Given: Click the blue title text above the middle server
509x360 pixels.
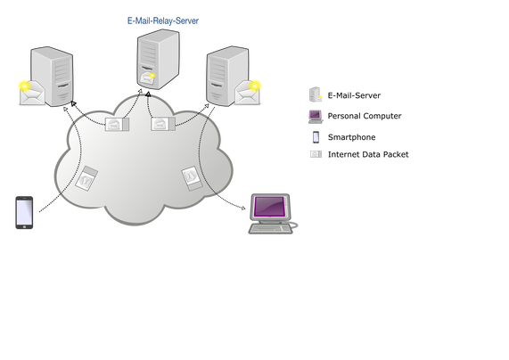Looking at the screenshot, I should coord(163,20).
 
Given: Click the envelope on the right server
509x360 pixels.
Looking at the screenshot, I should coord(248,93).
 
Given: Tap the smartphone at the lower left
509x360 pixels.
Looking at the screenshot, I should coord(24,213).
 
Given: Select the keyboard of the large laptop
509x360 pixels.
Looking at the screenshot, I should coord(270,229).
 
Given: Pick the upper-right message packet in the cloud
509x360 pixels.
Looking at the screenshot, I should coord(162,124).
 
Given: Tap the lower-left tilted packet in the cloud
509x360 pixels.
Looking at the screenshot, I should coord(86,178).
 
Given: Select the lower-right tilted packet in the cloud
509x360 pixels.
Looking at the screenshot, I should coord(192,176).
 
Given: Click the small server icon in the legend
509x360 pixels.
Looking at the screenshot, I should coord(315,94).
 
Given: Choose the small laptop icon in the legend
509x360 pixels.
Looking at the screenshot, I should coord(316,117).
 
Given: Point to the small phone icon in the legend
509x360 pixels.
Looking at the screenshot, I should coord(316,137).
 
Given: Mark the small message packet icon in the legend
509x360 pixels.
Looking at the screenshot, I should coord(316,154).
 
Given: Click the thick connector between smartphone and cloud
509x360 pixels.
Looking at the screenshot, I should coord(48,203).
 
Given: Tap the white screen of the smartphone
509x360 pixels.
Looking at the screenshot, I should coord(24,212).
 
